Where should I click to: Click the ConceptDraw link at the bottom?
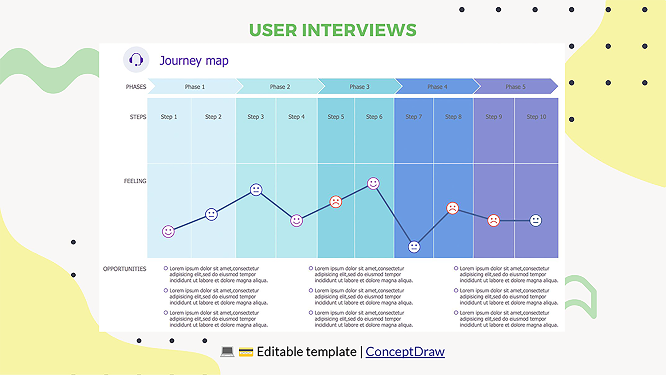[x=405, y=352]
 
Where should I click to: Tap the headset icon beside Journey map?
[x=136, y=60]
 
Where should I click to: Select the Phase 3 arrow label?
[x=359, y=87]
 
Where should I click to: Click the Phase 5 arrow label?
[x=515, y=87]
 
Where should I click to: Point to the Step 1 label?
[x=169, y=117]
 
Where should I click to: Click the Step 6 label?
[x=374, y=117]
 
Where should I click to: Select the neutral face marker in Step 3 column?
[x=256, y=190]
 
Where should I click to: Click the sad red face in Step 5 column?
[x=336, y=202]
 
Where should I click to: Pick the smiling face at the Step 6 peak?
[x=373, y=184]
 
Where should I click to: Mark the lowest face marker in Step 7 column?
[x=414, y=247]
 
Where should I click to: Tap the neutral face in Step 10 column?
[x=536, y=221]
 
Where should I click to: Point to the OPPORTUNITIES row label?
[x=125, y=269]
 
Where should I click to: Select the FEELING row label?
[x=135, y=181]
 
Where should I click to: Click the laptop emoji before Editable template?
[x=227, y=352]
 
